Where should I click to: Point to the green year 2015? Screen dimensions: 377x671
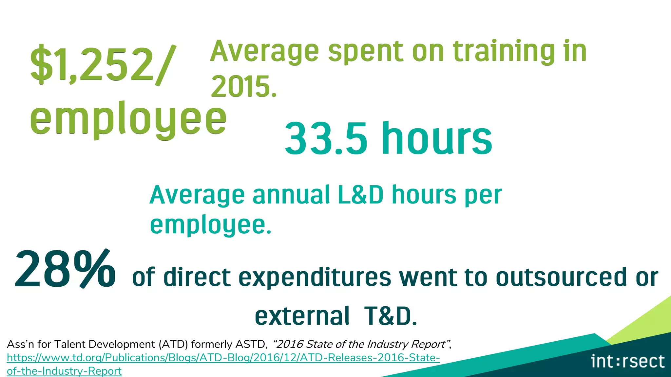tap(244, 86)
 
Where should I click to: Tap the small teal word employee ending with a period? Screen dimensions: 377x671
tap(211, 225)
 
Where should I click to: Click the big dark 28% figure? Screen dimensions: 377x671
tap(65, 269)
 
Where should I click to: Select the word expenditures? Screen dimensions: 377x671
tap(315, 278)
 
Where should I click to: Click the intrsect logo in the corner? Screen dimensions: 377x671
tap(628, 361)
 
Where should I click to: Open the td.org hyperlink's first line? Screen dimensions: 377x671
tap(223, 358)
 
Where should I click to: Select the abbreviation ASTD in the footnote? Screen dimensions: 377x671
tap(252, 344)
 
